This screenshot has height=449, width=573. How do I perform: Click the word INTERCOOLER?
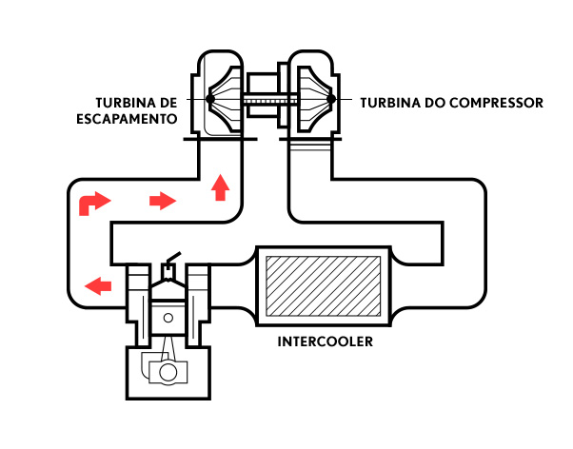(x=326, y=342)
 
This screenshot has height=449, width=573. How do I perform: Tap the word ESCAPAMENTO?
(x=127, y=119)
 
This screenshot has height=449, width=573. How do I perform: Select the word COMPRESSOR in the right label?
(x=496, y=103)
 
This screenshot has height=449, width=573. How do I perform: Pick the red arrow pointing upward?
(x=220, y=187)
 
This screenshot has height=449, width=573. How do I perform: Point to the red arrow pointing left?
(x=98, y=285)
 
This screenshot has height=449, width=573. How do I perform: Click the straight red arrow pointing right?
(x=163, y=201)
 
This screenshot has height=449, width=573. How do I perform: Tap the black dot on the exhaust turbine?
(x=210, y=99)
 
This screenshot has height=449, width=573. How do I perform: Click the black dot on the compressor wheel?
(x=330, y=99)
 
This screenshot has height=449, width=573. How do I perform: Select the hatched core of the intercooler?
(x=323, y=286)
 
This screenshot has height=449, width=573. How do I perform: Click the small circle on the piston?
(x=168, y=318)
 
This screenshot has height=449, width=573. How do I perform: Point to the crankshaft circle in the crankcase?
(x=168, y=373)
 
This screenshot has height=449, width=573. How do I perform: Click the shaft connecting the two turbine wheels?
(x=269, y=99)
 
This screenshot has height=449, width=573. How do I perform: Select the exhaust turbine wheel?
(x=225, y=99)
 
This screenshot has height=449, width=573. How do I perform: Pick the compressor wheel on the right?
(x=315, y=99)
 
